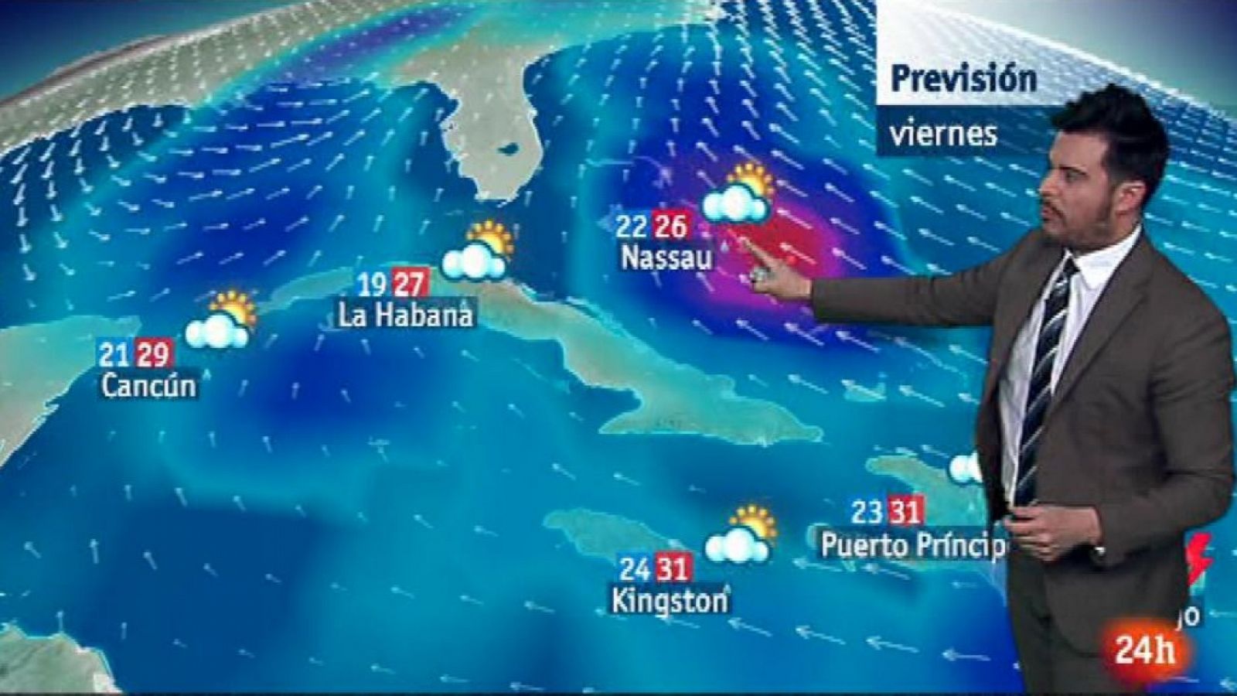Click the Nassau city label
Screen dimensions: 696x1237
(666, 258)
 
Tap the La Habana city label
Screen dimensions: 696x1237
(406, 316)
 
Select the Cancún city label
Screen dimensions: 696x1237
(149, 385)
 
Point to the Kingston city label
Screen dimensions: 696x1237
(670, 601)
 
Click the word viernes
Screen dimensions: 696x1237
(943, 135)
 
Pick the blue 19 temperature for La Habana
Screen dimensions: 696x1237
(372, 285)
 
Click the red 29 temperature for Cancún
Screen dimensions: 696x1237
(152, 354)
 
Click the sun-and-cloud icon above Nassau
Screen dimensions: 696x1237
(738, 194)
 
